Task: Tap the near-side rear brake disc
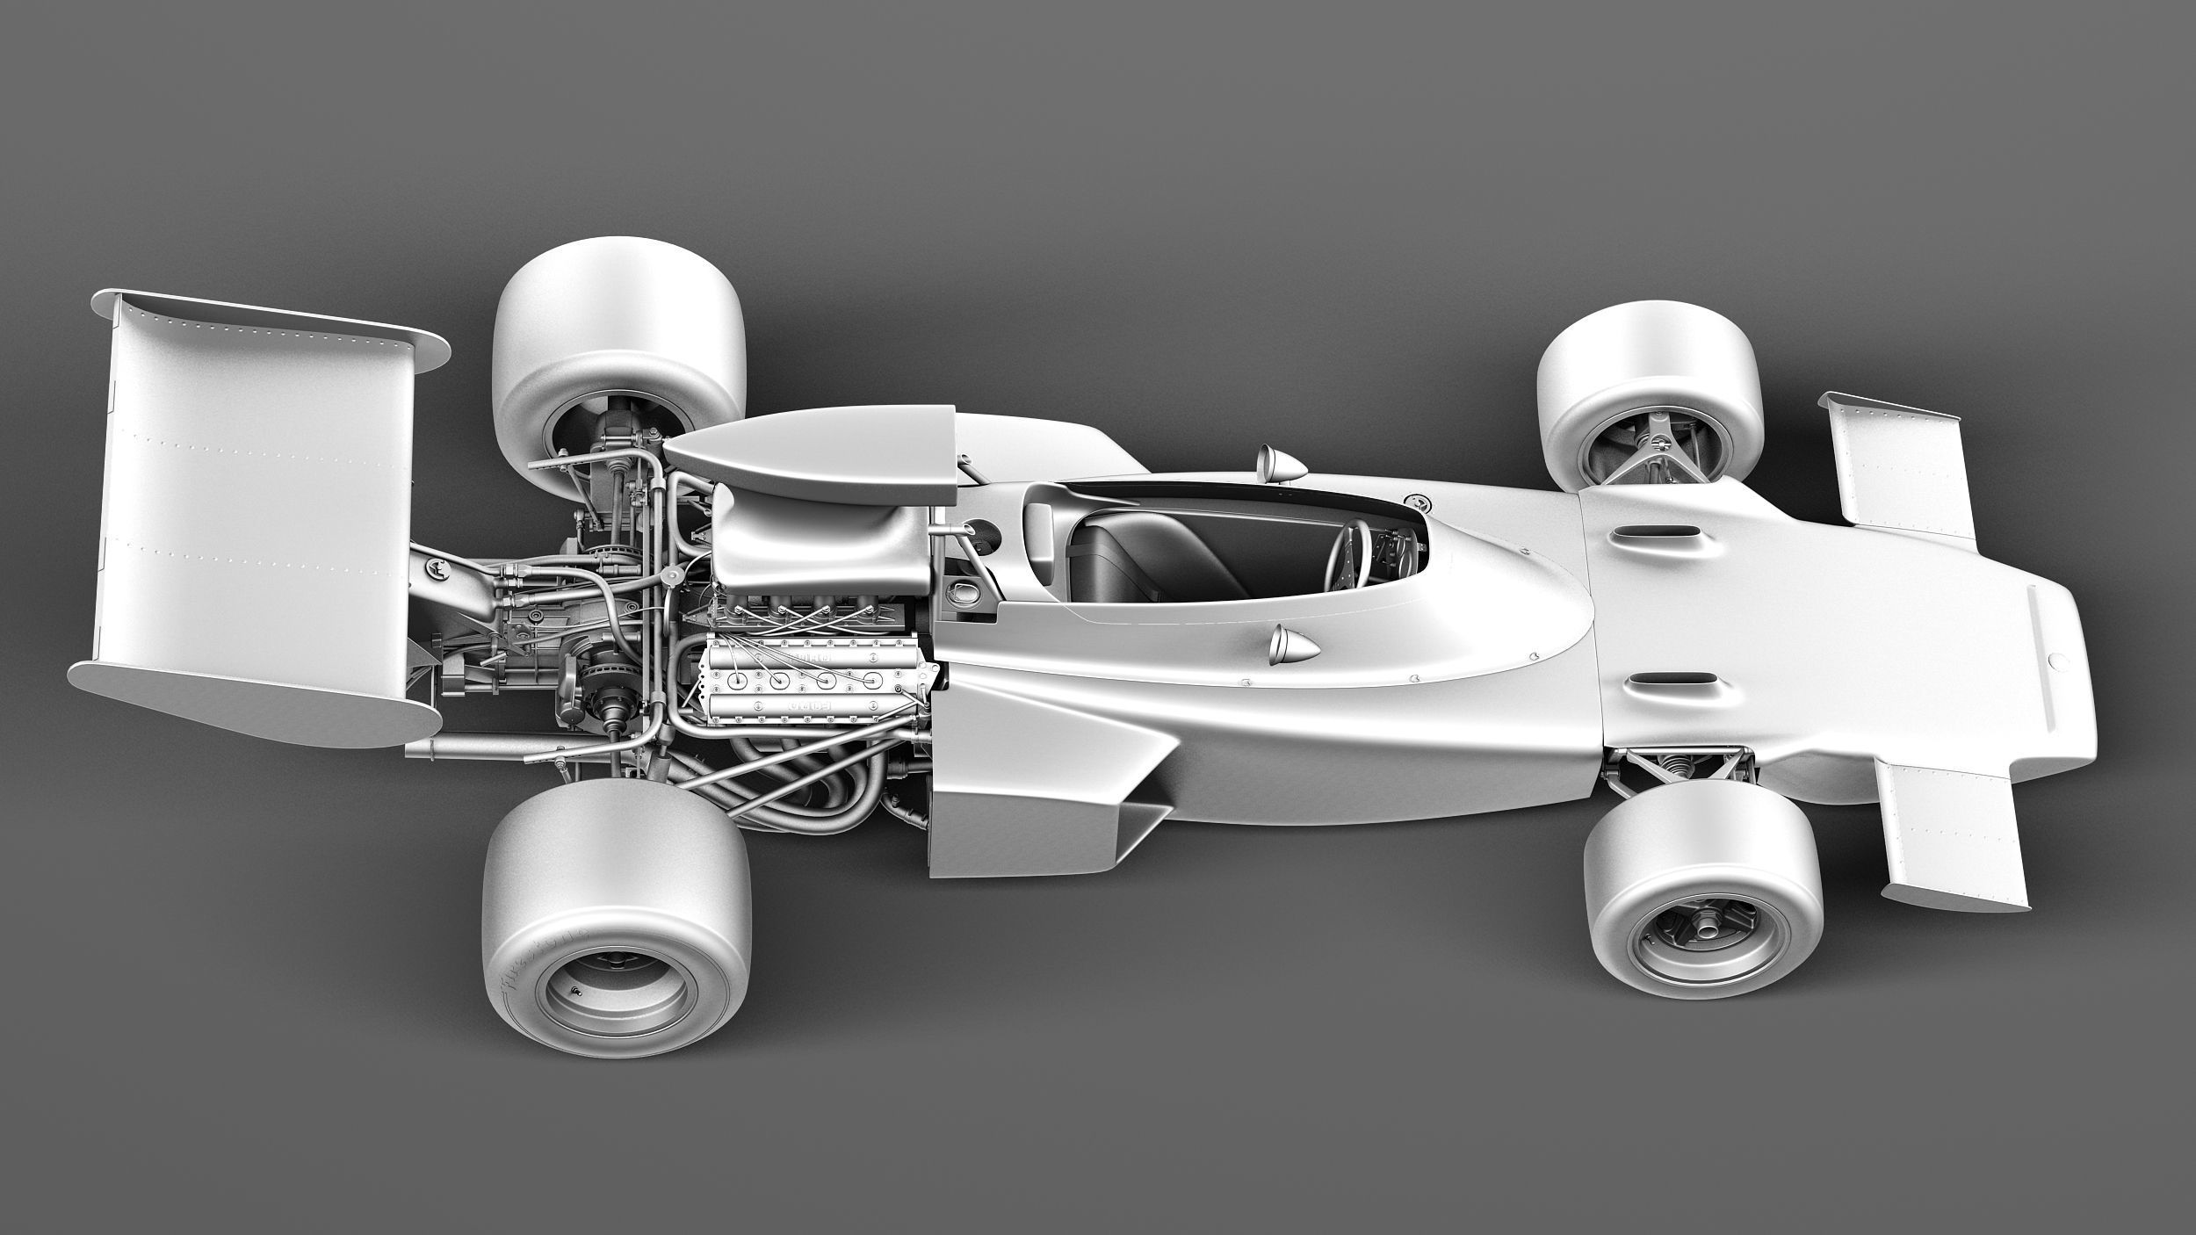(606, 698)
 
